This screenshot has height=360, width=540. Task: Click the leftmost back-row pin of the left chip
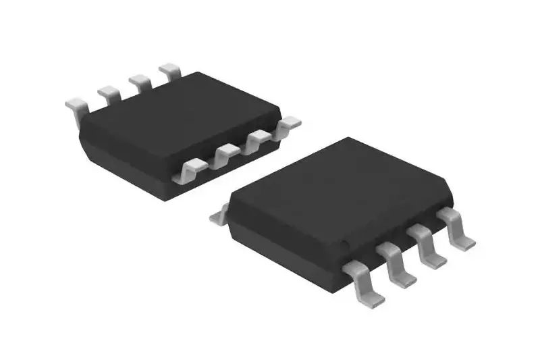(76, 105)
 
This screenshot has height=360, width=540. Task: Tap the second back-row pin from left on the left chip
(108, 92)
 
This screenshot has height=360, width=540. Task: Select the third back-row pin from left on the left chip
(140, 80)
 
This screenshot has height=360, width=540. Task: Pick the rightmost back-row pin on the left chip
(170, 70)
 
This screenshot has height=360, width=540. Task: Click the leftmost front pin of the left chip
(190, 169)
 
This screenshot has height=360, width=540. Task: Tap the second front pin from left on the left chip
(225, 155)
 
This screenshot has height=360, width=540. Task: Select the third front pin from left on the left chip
(259, 140)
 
